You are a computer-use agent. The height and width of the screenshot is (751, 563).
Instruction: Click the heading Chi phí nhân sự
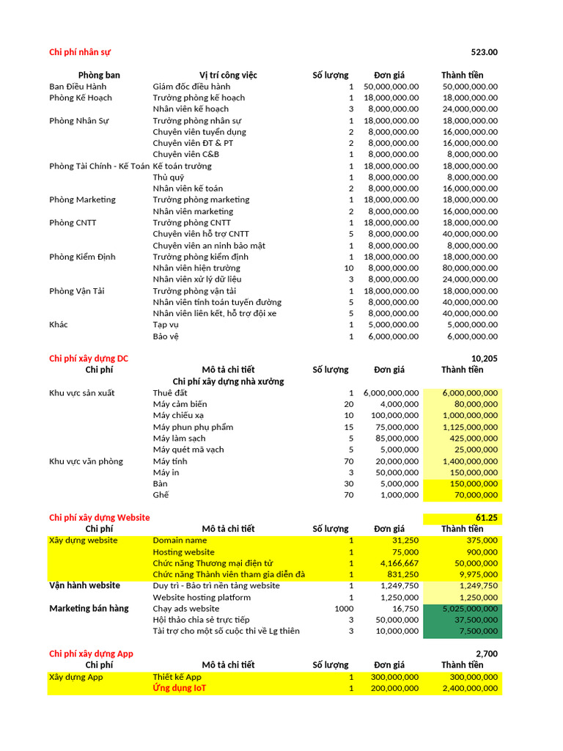pyautogui.click(x=80, y=52)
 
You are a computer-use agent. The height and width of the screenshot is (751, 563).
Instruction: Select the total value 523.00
pyautogui.click(x=484, y=52)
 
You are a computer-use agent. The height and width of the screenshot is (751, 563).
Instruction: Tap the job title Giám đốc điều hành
pyautogui.click(x=191, y=87)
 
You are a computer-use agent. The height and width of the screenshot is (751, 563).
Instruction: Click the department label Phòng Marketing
pyautogui.click(x=82, y=199)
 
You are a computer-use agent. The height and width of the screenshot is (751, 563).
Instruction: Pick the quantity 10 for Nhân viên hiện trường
pyautogui.click(x=349, y=268)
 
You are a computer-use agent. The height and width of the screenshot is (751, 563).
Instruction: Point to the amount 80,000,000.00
pyautogui.click(x=471, y=268)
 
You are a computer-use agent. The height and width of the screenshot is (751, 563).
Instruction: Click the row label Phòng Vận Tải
pyautogui.click(x=77, y=290)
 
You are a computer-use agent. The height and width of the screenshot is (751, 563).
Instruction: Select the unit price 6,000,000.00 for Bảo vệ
pyautogui.click(x=391, y=336)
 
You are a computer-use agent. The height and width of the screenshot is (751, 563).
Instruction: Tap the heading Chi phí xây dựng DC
pyautogui.click(x=88, y=358)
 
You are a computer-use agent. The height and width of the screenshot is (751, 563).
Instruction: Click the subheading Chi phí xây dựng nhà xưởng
pyautogui.click(x=228, y=381)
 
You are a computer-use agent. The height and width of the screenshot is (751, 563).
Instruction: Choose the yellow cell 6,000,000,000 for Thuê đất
pyautogui.click(x=470, y=393)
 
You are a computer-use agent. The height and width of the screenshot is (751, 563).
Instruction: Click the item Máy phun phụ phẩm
pyautogui.click(x=193, y=427)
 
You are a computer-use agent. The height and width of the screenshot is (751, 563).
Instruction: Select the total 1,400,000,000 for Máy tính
pyautogui.click(x=470, y=461)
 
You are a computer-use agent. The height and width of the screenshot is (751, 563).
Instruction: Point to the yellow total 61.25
pyautogui.click(x=486, y=518)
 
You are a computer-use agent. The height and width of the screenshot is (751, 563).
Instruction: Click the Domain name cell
pyautogui.click(x=180, y=541)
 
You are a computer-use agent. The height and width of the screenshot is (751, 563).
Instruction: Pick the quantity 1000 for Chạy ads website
pyautogui.click(x=344, y=609)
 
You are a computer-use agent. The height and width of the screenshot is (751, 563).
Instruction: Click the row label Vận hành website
pyautogui.click(x=84, y=585)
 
